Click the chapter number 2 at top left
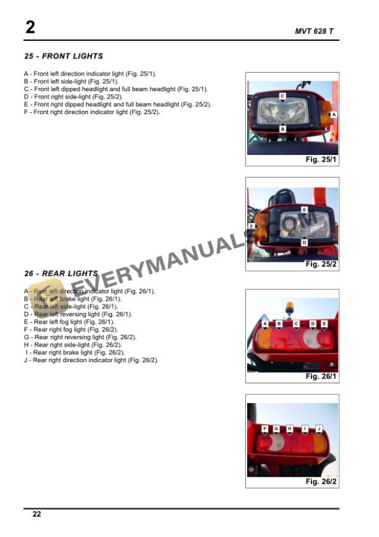(x=30, y=27)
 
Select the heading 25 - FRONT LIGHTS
(x=63, y=56)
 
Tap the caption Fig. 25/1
(x=321, y=160)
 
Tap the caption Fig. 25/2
(x=321, y=264)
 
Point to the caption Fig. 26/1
(x=321, y=376)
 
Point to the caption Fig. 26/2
(x=321, y=481)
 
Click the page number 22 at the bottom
(x=37, y=514)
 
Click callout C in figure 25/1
(x=282, y=96)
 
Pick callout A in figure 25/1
(x=333, y=115)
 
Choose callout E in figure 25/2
(x=304, y=210)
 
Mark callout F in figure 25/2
(x=251, y=226)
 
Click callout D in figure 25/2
(x=304, y=242)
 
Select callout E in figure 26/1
(x=324, y=324)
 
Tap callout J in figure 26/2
(x=318, y=428)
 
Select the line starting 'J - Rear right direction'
(x=92, y=360)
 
